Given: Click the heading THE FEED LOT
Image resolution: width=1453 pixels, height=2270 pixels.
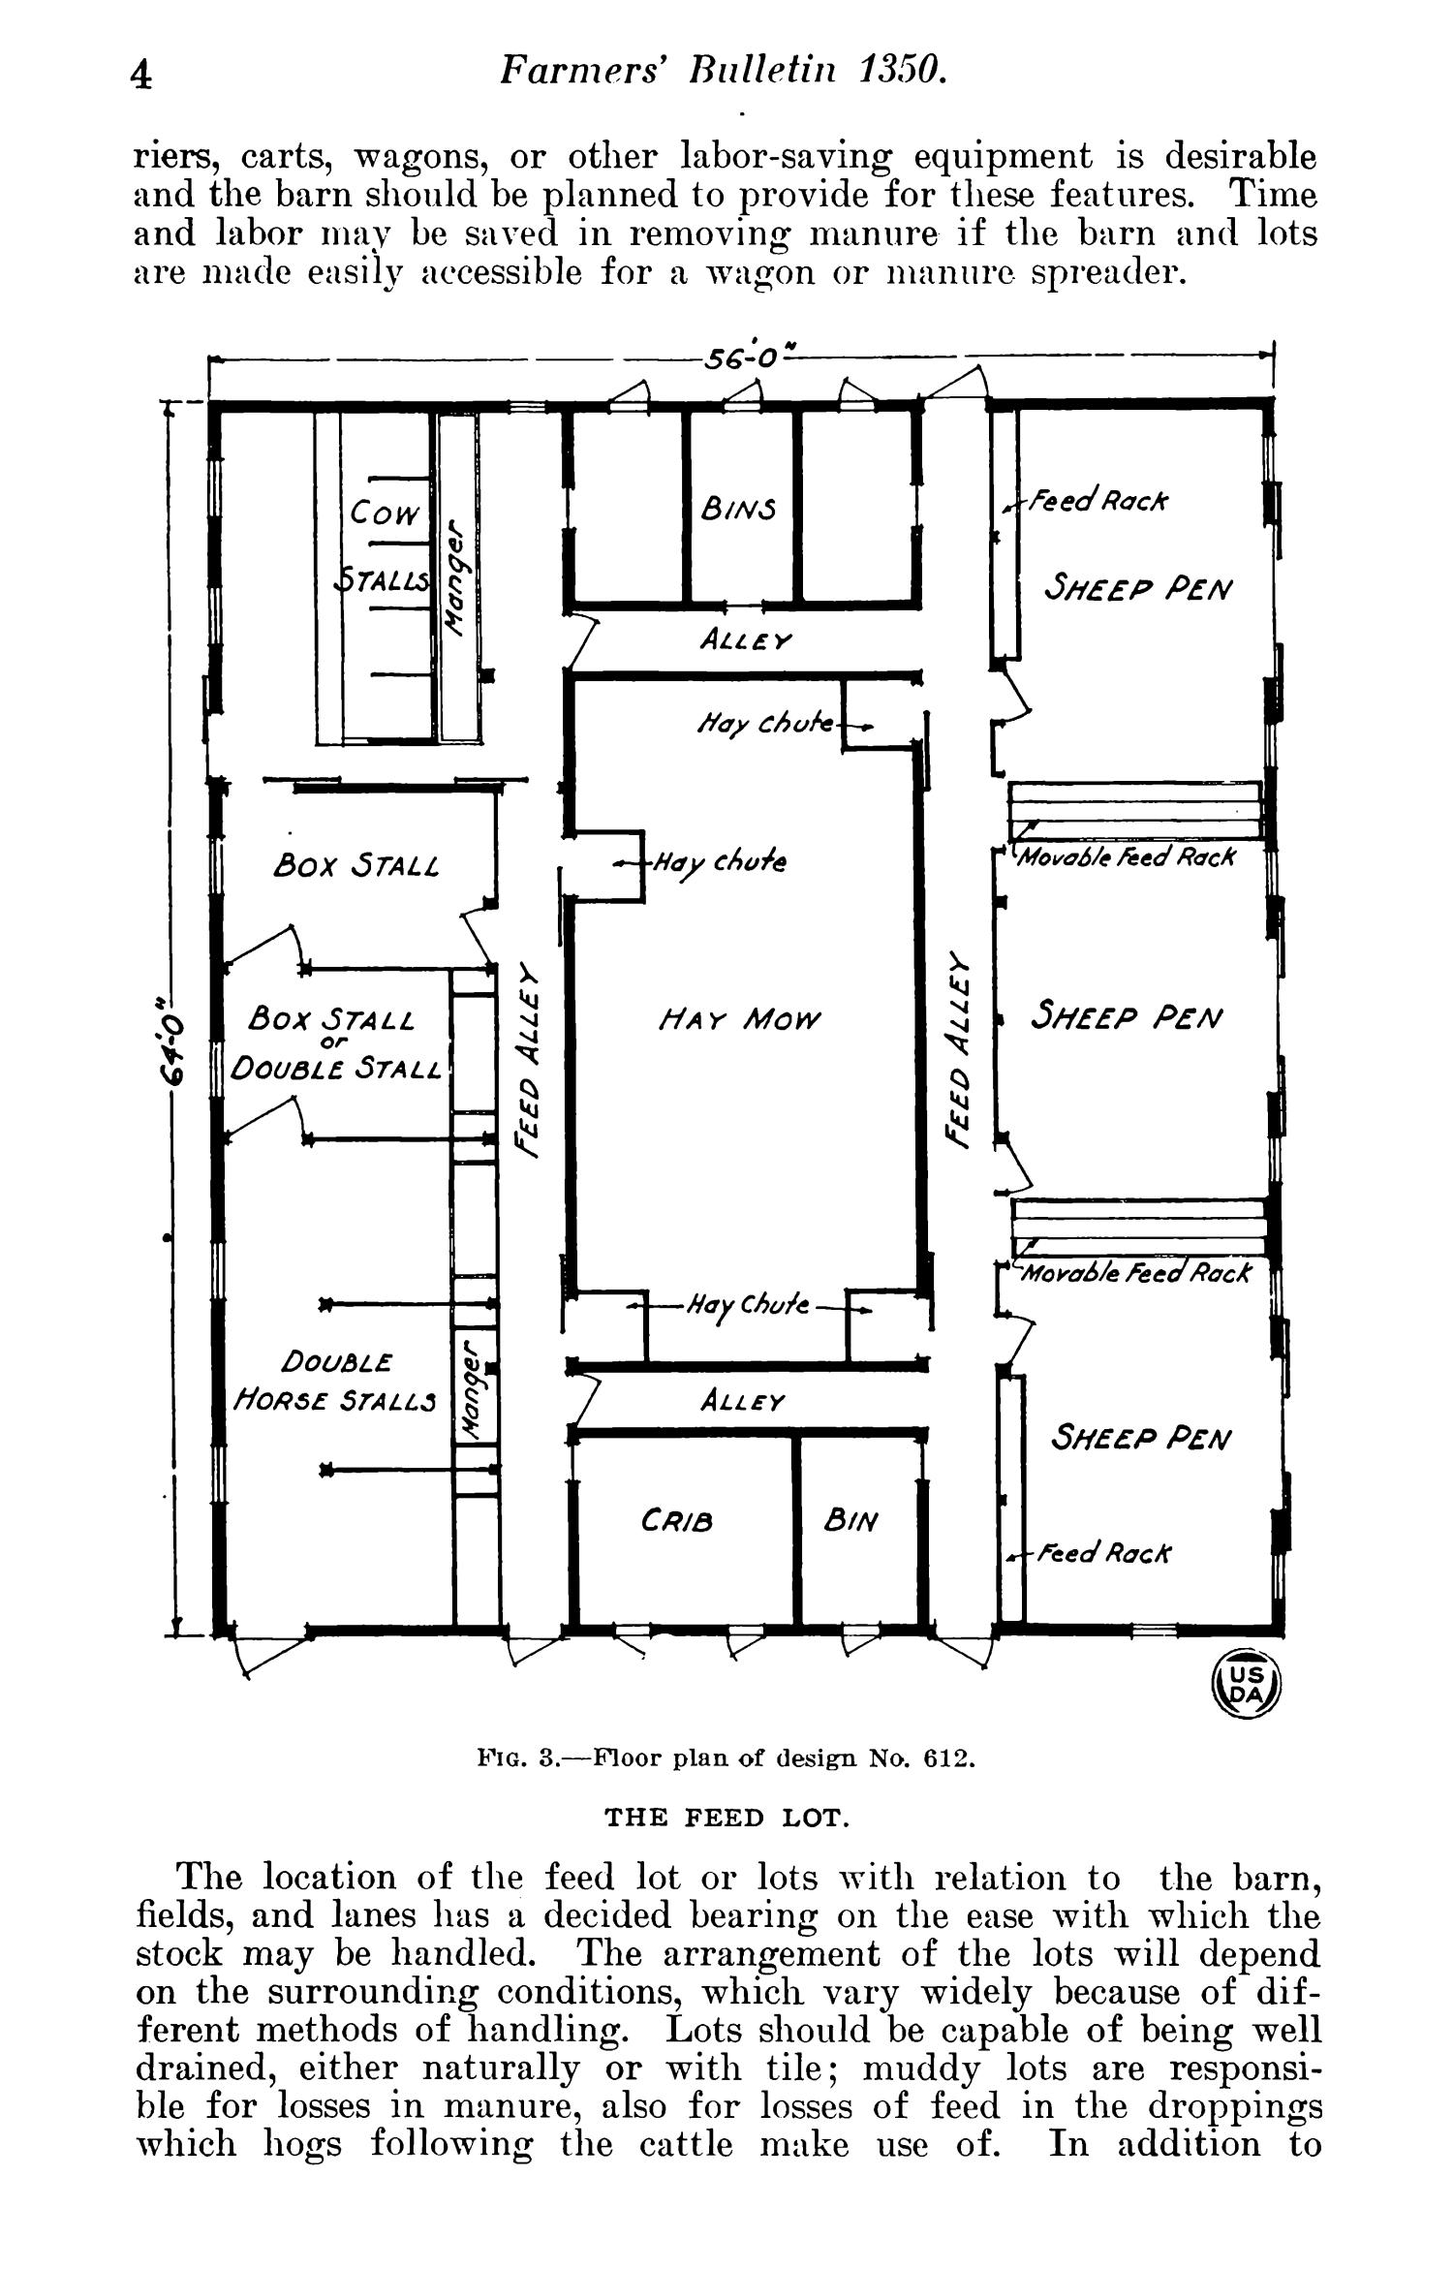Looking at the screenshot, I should (x=726, y=1818).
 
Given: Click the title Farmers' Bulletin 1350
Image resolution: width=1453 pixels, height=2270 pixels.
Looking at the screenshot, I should (x=722, y=71).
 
